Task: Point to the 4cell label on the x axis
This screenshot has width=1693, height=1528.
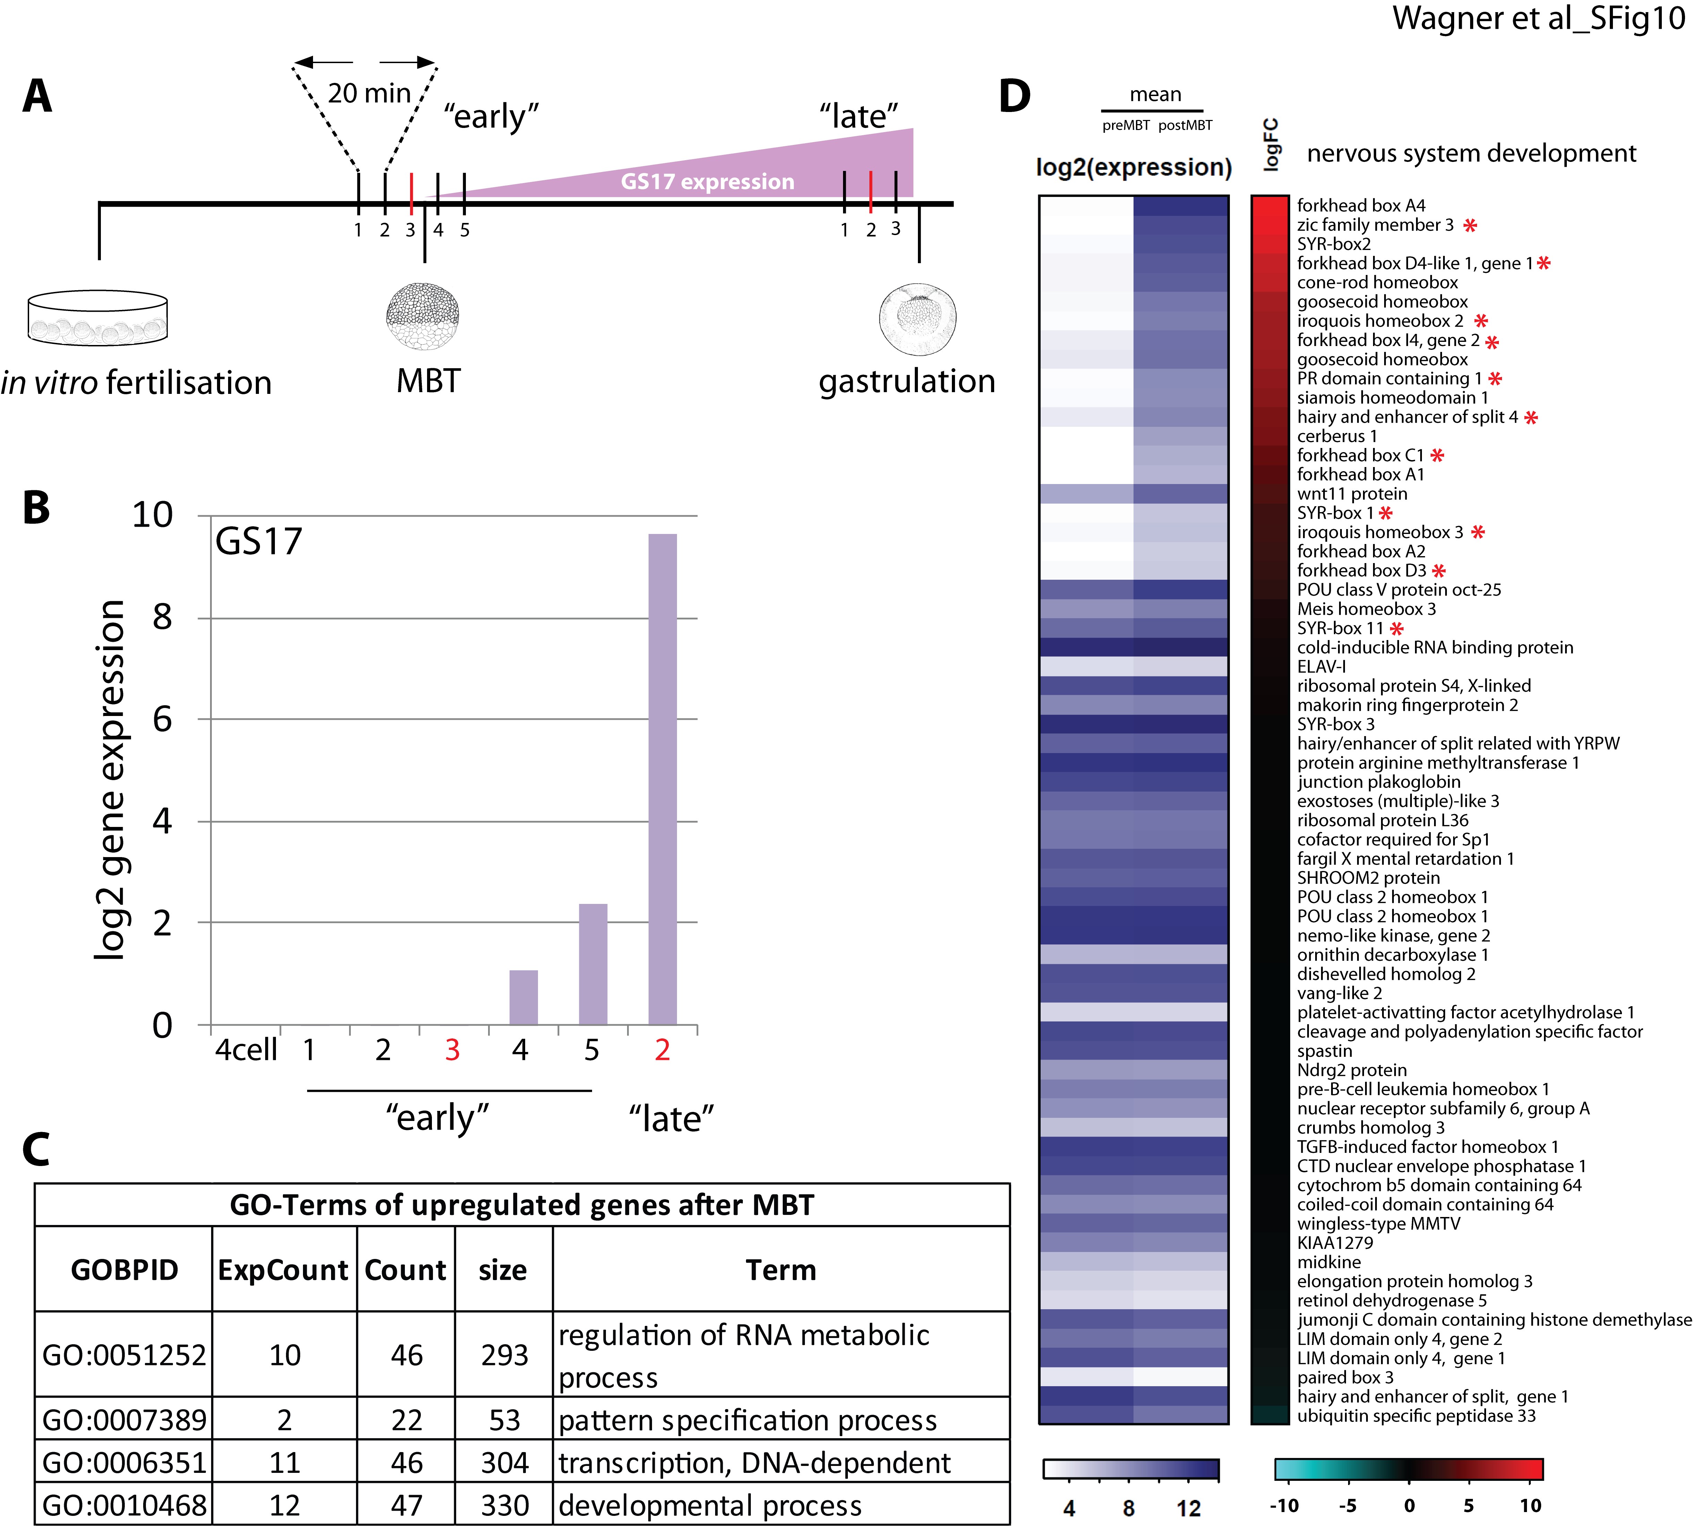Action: click(246, 1050)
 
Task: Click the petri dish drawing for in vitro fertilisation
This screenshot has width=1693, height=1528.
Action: click(97, 317)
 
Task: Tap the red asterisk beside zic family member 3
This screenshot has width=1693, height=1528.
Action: click(1470, 225)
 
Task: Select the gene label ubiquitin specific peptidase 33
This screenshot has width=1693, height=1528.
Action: click(1416, 1416)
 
